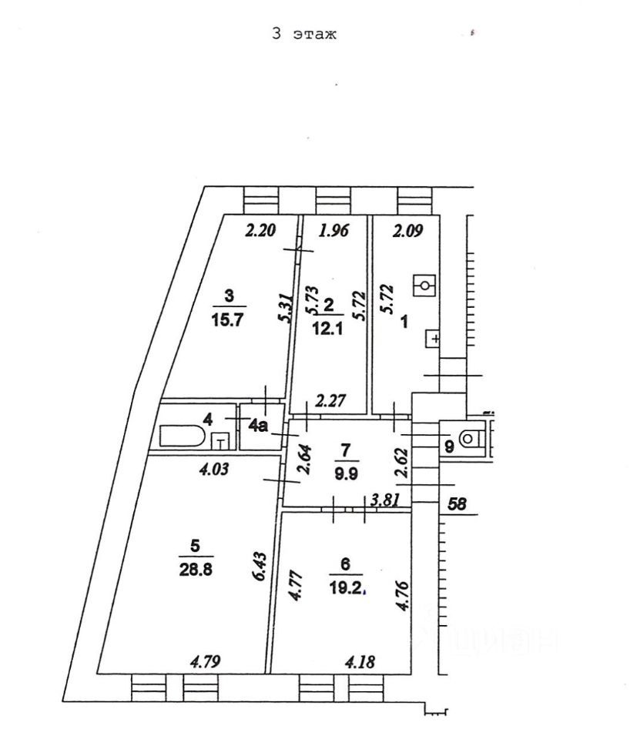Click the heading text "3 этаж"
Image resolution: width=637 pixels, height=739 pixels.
pos(304,35)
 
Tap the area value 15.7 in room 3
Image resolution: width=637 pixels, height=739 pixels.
pos(228,322)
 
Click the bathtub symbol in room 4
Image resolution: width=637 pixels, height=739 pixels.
pos(183,438)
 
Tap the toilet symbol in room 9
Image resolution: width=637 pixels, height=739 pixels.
pos(468,439)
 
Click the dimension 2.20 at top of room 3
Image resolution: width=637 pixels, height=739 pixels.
pos(260,229)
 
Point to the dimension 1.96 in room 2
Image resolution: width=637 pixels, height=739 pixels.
pos(334,229)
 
